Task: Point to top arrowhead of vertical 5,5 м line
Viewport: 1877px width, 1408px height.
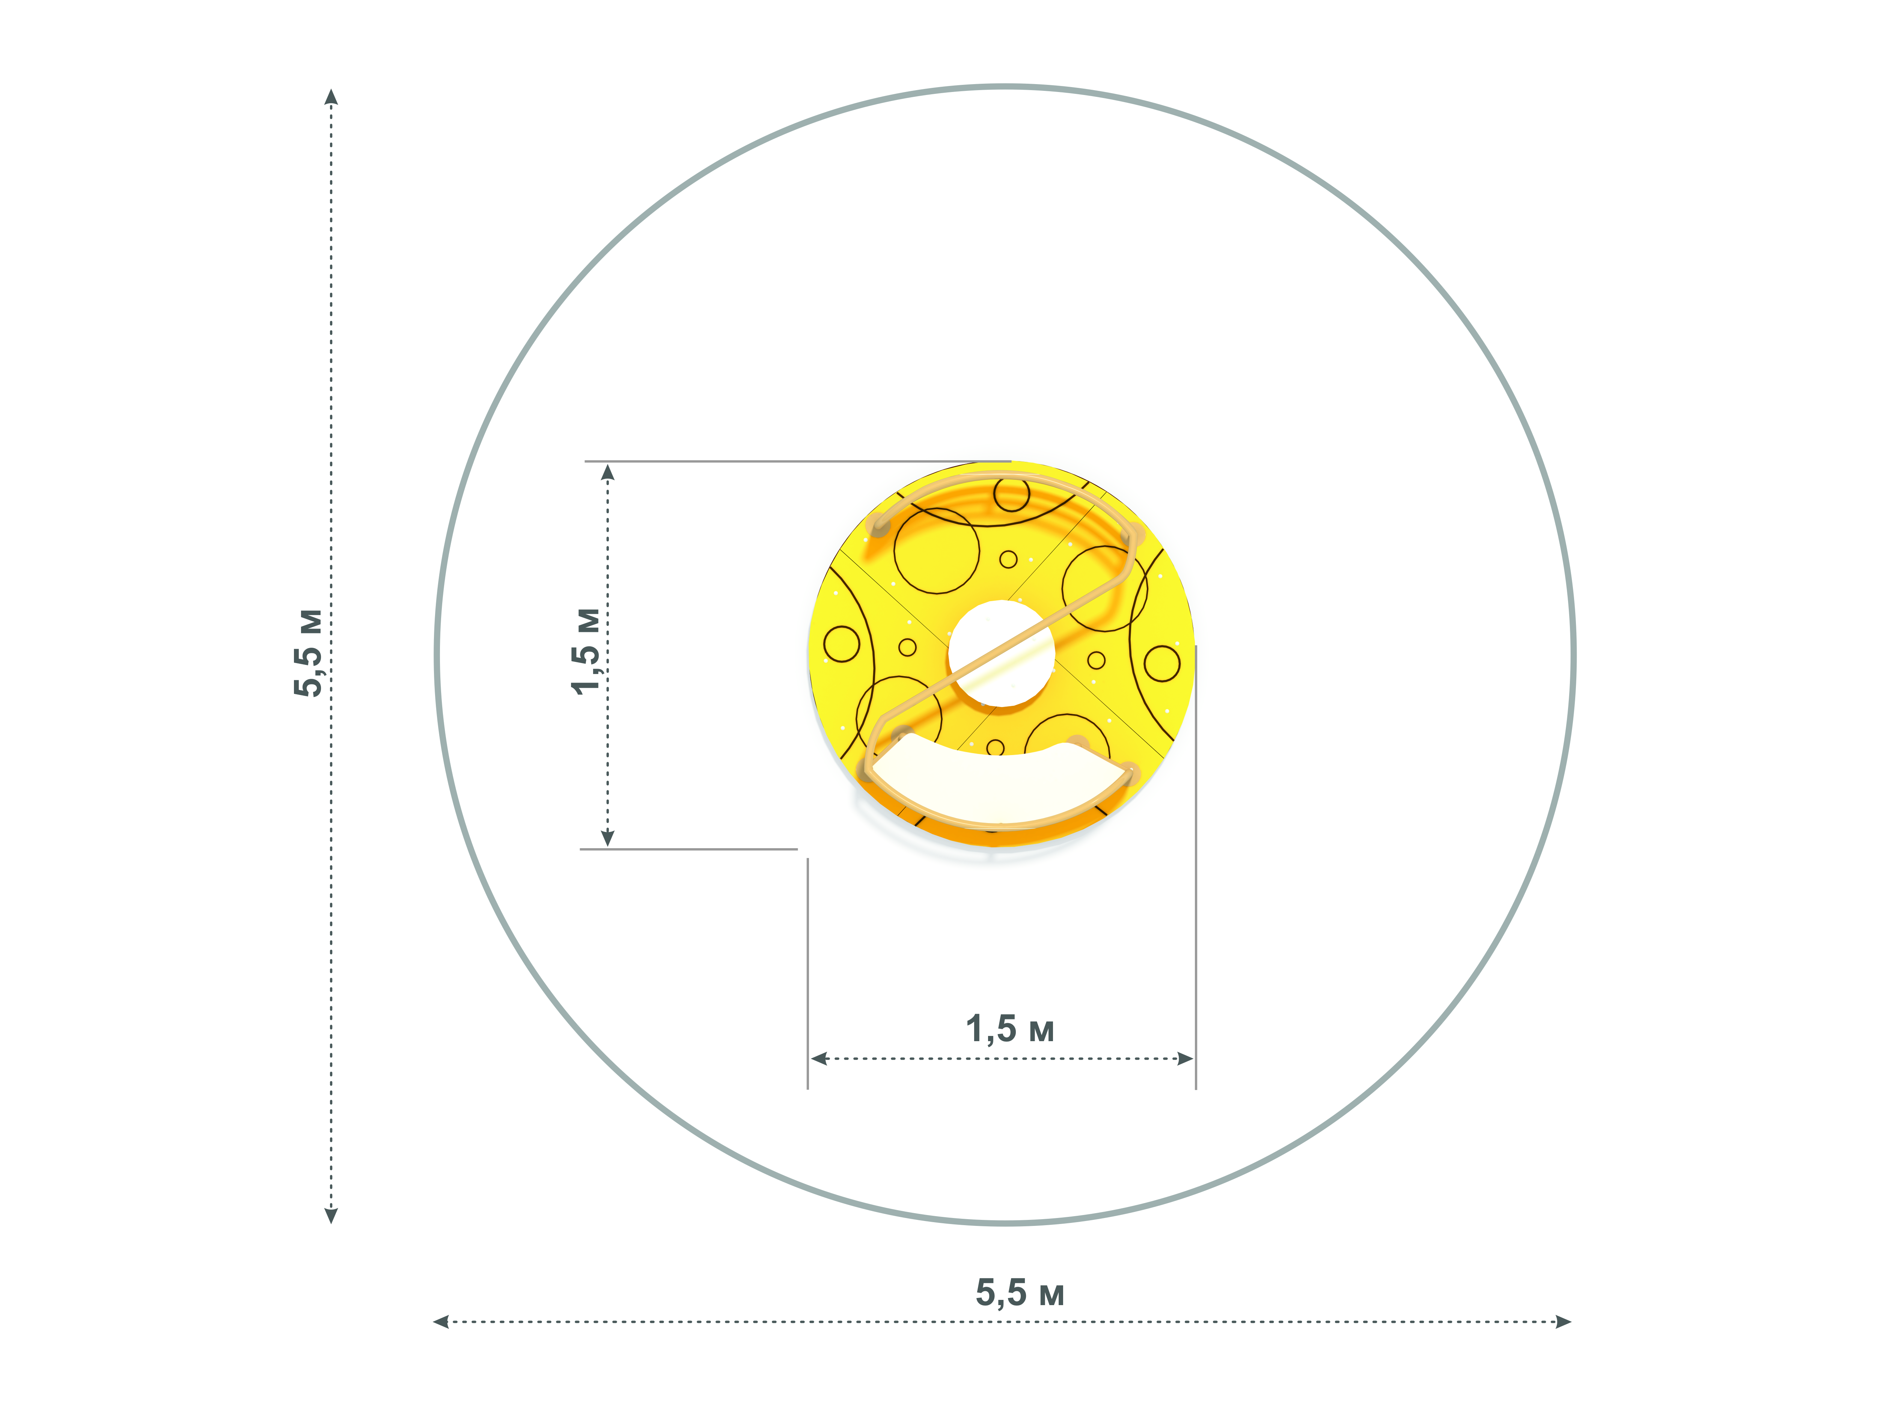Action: point(332,96)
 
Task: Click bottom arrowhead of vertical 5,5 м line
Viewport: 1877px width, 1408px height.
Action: point(332,1215)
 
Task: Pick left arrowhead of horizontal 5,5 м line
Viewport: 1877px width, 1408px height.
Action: point(440,1321)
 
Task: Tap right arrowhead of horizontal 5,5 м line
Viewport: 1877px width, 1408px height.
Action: point(1563,1321)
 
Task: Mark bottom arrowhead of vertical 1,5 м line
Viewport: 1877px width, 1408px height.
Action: point(607,838)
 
